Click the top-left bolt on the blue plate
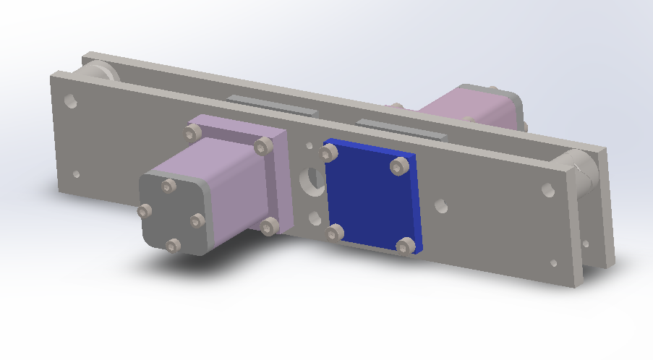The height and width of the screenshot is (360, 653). pos(330,153)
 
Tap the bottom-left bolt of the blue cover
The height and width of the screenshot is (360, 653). pos(334,233)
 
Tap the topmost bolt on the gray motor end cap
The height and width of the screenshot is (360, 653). pos(168,187)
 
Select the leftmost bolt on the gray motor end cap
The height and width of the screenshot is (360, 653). pos(144,211)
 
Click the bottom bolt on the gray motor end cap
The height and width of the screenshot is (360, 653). pos(172,246)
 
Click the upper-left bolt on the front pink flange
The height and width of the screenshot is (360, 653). pos(193,132)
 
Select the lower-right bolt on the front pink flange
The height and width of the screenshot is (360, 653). pos(269,227)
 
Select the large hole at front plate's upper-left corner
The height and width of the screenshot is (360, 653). pos(71,100)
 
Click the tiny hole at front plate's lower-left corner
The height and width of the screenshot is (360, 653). pos(76,173)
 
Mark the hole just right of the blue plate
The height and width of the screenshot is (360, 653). pos(440,205)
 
